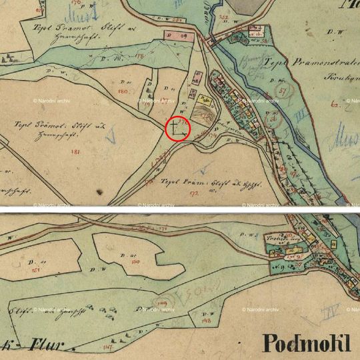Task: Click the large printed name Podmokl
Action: (x=307, y=343)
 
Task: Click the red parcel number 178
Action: (x=139, y=57)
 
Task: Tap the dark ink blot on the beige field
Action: (x=99, y=191)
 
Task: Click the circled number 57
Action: (x=284, y=89)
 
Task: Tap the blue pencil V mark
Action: (x=113, y=136)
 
